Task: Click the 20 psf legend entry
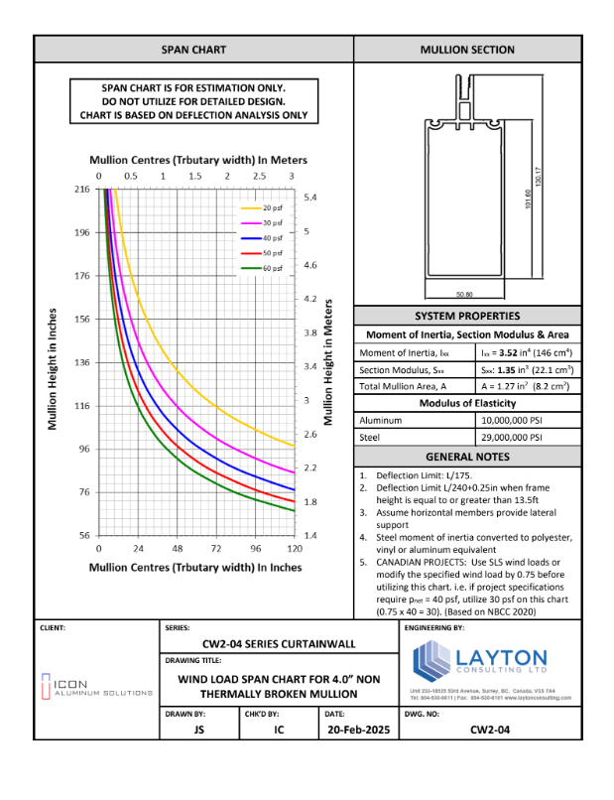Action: [273, 207]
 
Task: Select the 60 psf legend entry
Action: [273, 268]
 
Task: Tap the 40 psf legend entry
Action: [273, 238]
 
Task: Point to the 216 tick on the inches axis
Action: [81, 189]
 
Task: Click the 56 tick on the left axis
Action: [83, 535]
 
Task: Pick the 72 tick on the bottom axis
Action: [216, 549]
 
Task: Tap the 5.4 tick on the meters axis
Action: [310, 199]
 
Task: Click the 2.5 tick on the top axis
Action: [259, 175]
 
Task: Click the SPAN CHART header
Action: [193, 49]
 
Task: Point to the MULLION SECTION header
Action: [467, 49]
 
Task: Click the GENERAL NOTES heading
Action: [467, 457]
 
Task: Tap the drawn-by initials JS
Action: [198, 730]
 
